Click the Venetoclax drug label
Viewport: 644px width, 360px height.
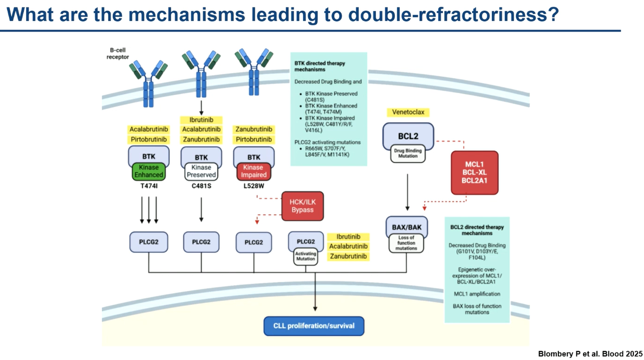click(x=408, y=112)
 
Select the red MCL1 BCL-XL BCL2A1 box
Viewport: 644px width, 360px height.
click(x=474, y=173)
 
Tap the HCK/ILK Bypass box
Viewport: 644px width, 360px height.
click(x=302, y=206)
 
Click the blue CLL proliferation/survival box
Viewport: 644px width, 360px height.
click(x=314, y=326)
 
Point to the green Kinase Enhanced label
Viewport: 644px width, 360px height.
click(x=149, y=171)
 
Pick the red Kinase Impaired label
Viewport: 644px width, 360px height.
click(x=254, y=171)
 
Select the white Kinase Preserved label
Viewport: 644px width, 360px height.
click(x=201, y=171)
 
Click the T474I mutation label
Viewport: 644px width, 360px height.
click(x=149, y=186)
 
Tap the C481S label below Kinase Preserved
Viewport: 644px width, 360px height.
click(x=201, y=186)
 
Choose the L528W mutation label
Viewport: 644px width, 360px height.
click(x=254, y=186)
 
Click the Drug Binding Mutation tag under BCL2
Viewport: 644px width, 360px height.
click(x=408, y=153)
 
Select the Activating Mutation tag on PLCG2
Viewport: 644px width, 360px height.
click(x=306, y=256)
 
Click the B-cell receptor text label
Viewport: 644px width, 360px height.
click(x=118, y=54)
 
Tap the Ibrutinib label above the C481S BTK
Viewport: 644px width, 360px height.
click(x=201, y=120)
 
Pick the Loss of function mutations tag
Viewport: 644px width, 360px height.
click(x=406, y=243)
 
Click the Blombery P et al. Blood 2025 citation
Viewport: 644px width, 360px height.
click(x=590, y=353)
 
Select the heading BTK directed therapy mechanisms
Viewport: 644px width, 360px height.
click(x=319, y=67)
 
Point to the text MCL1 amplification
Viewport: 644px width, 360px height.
click(x=477, y=294)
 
